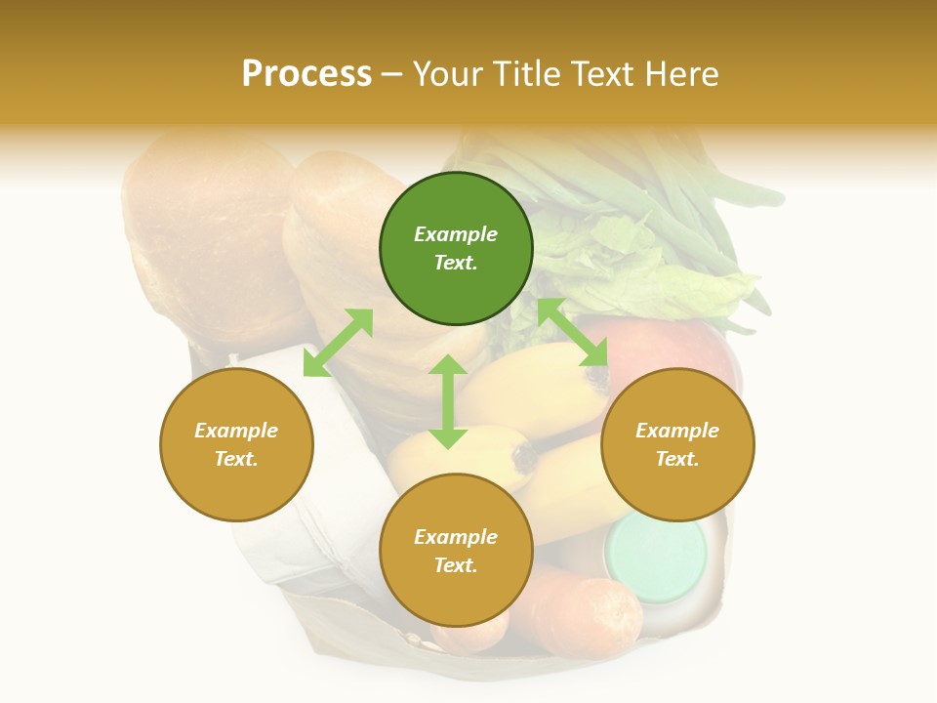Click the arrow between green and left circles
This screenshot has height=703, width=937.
coord(338,343)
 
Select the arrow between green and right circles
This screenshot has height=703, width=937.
coord(573,333)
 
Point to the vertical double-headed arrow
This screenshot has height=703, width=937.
coord(448,401)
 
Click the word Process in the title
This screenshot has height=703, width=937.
coord(306,74)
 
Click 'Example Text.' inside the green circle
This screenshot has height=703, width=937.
coord(456,248)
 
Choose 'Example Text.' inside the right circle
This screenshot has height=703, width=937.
coord(677,444)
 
